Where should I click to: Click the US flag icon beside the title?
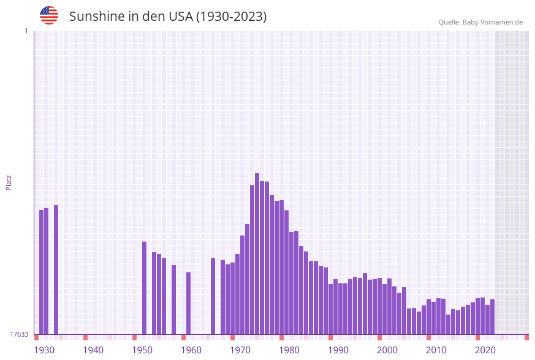[49, 15]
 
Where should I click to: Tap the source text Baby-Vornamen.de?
[493, 22]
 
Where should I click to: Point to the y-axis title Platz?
[9, 182]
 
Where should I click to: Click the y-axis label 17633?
[19, 334]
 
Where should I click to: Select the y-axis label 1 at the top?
[26, 31]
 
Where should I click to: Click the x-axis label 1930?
[44, 350]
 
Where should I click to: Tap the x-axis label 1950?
[142, 350]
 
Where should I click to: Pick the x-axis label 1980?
[289, 350]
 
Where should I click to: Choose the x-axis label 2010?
[436, 350]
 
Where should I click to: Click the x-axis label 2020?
[485, 350]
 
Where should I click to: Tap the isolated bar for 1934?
[56, 269]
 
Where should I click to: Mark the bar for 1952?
[144, 288]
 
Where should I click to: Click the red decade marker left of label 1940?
[85, 337]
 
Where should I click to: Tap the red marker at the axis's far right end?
[526, 337]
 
